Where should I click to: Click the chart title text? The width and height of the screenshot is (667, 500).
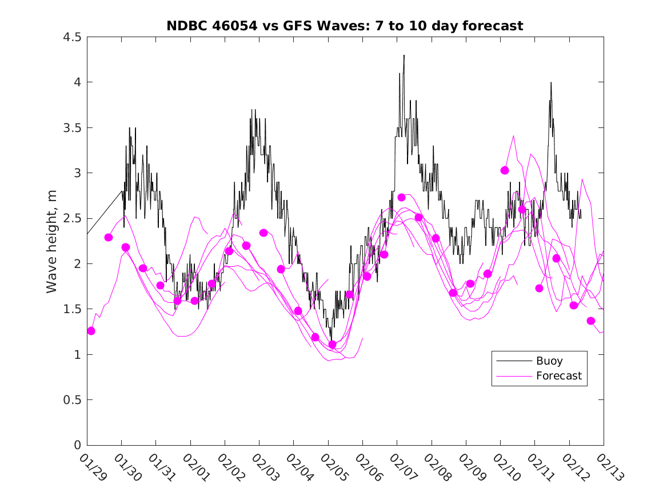[345, 26]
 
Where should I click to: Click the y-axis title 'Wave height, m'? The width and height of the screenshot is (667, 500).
[52, 241]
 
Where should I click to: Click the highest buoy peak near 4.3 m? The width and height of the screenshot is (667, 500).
[404, 55]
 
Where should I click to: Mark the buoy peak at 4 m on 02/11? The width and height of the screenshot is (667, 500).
[551, 82]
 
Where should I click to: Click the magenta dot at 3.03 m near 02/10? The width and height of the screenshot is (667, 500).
[505, 170]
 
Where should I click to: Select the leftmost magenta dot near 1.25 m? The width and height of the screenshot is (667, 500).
[91, 331]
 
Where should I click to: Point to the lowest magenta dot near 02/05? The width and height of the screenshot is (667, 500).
[332, 345]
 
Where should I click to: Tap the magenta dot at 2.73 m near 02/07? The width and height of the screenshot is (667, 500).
[401, 197]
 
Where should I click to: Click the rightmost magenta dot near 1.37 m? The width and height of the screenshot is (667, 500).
[591, 321]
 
